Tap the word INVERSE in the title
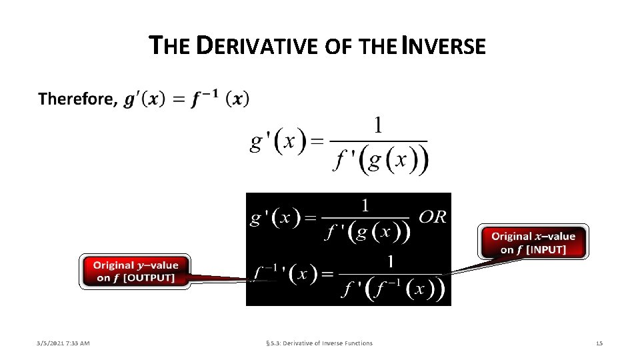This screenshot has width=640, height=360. (x=447, y=46)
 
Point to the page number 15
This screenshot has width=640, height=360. (x=599, y=343)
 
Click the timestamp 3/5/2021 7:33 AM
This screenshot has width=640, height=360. (x=63, y=343)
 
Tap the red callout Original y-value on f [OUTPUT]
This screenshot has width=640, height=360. (x=136, y=271)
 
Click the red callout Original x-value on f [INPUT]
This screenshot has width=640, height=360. (x=533, y=243)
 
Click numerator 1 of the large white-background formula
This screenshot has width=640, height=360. (x=378, y=125)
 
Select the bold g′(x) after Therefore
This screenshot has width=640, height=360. (x=141, y=99)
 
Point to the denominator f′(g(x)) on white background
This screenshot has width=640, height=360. (x=380, y=160)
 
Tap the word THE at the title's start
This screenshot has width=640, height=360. (x=172, y=46)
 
